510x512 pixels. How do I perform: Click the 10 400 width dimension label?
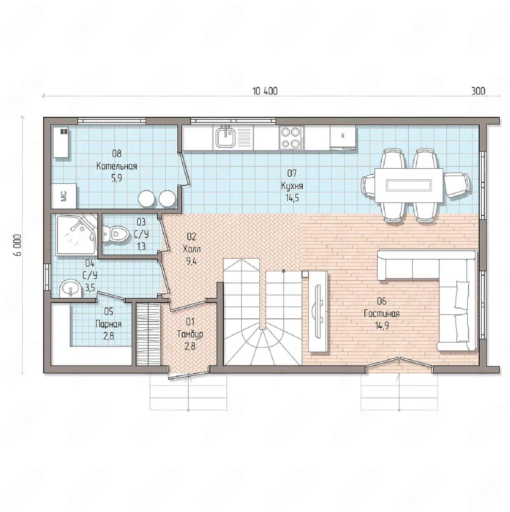coord(265,91)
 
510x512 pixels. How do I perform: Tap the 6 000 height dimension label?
coord(18,245)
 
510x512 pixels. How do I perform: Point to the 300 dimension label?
coord(478,91)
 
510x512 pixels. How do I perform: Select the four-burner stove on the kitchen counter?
coord(291,138)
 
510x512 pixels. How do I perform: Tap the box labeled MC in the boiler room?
coord(64,196)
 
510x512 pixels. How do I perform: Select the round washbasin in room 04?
coord(71,289)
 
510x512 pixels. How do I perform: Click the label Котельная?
coord(117,166)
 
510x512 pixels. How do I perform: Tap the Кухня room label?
coord(292,186)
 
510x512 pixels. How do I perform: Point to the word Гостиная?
coord(381,313)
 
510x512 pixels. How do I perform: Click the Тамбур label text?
coord(190,334)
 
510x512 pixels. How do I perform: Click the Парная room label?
coord(108,324)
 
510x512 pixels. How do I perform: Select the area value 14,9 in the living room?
coord(382,326)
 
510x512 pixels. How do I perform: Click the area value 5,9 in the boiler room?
coord(117,178)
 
